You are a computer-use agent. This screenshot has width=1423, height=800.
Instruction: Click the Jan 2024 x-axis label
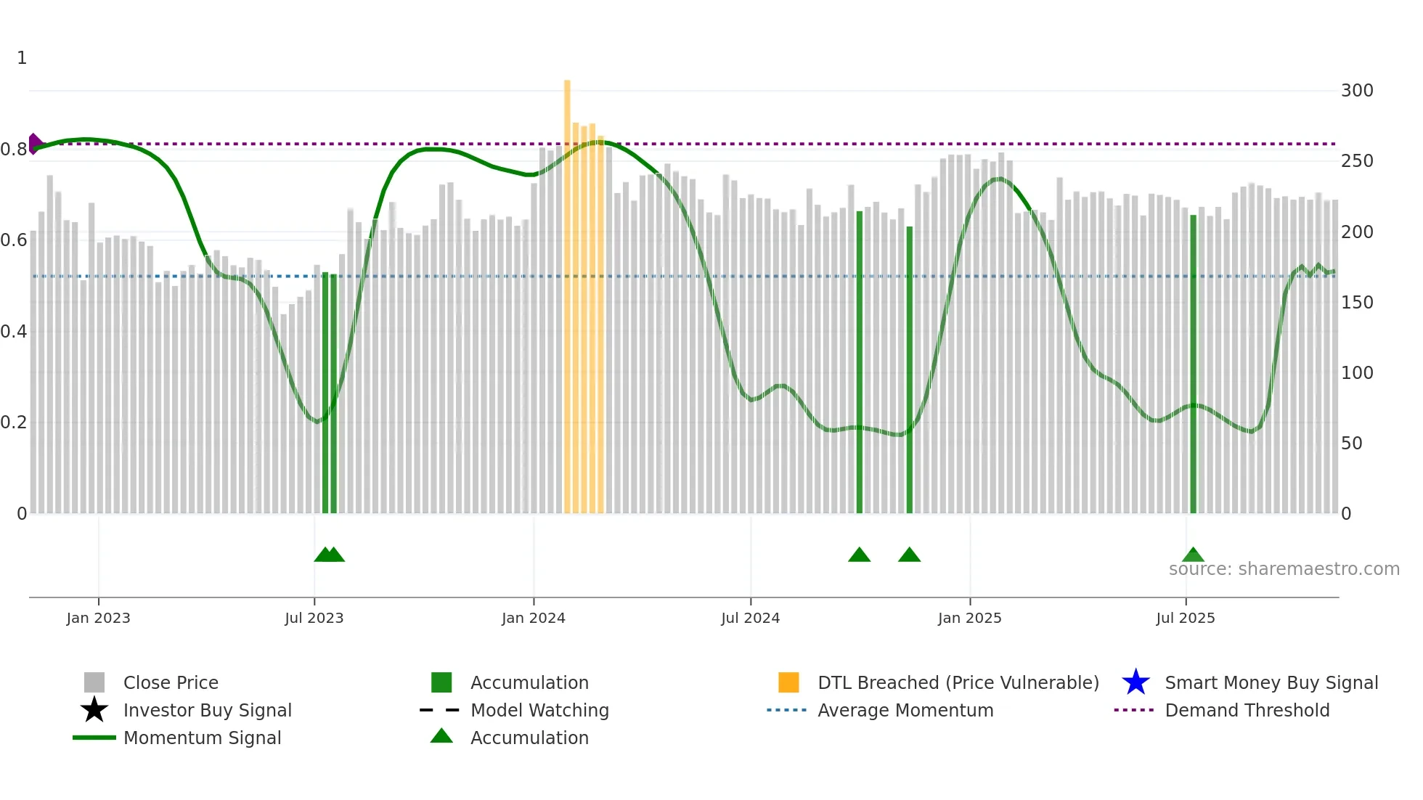pos(533,618)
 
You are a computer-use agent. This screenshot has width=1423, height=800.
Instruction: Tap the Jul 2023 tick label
pos(314,618)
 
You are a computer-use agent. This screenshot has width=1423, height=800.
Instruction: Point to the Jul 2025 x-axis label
pos(1185,618)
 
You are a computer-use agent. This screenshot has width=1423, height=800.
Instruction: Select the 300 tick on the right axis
pos(1356,91)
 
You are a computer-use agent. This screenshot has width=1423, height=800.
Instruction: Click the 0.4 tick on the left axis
pos(14,332)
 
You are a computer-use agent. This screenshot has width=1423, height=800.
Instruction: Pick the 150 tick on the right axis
pos(1356,303)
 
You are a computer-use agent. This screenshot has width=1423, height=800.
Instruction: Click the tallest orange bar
pos(567,290)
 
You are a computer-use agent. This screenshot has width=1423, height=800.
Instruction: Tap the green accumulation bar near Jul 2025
pos(1193,363)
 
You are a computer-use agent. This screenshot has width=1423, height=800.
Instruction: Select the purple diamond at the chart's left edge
pos(34,144)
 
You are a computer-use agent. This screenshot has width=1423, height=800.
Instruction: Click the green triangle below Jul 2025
pos(1193,555)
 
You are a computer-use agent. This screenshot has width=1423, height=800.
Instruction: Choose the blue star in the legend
pos(1135,682)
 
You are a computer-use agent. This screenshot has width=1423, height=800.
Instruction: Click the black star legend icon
pos(94,710)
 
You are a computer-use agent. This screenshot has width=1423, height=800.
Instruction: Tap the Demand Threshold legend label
pos(1247,710)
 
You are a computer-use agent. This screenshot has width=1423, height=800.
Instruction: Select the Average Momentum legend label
pos(905,710)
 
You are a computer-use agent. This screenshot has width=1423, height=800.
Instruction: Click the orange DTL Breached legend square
pos(788,682)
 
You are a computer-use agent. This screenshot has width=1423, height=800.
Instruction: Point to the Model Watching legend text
pos(539,710)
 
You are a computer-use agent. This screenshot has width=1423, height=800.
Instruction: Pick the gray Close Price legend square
pos(94,682)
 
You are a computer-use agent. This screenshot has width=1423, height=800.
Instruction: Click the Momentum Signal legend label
pos(202,738)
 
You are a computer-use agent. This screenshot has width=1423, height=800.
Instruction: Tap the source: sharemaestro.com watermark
pos(1284,569)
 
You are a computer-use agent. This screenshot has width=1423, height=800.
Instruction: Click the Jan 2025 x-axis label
pos(969,618)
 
